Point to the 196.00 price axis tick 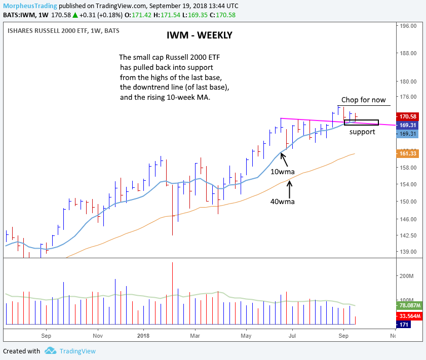coord(408,25)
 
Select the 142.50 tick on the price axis coord(408,235)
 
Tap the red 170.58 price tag coord(408,116)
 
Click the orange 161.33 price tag coord(408,153)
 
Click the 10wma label coord(283,172)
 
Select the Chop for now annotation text coord(363,100)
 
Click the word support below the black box coord(362,132)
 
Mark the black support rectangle coord(361,123)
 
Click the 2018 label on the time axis coord(143,335)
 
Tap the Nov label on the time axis coord(98,335)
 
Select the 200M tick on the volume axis coord(407,276)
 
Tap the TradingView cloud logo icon coord(50,350)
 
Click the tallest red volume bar coord(172,293)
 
